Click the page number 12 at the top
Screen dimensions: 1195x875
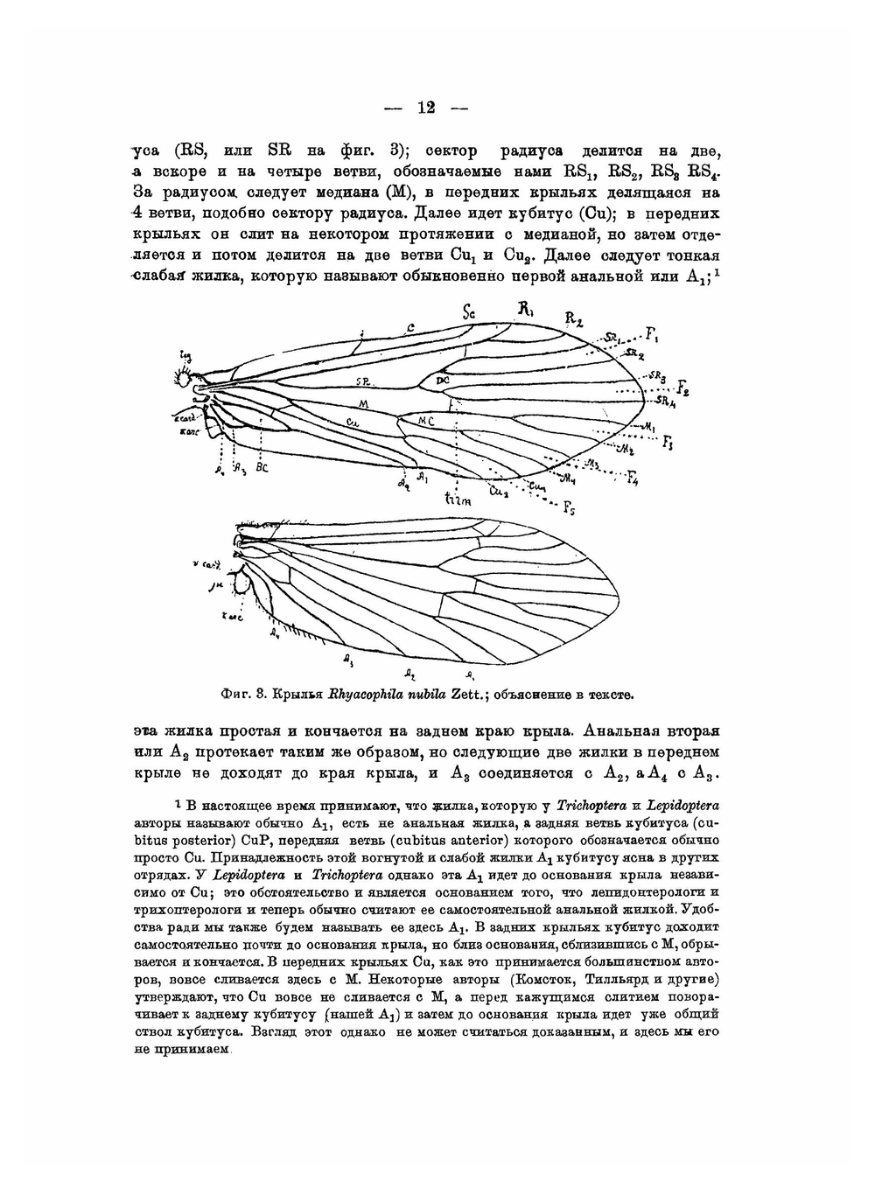pos(426,108)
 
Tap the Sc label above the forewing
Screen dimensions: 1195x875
pos(469,311)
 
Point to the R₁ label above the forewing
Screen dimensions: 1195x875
pos(525,308)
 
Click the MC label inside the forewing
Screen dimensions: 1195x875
pos(426,422)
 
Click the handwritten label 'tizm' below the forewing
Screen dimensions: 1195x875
pos(457,500)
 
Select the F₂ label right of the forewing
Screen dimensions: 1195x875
pos(682,390)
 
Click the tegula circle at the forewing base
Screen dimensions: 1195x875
pos(186,379)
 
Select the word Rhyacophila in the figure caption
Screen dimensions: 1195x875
pos(366,695)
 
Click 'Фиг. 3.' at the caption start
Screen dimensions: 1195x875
pos(244,695)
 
